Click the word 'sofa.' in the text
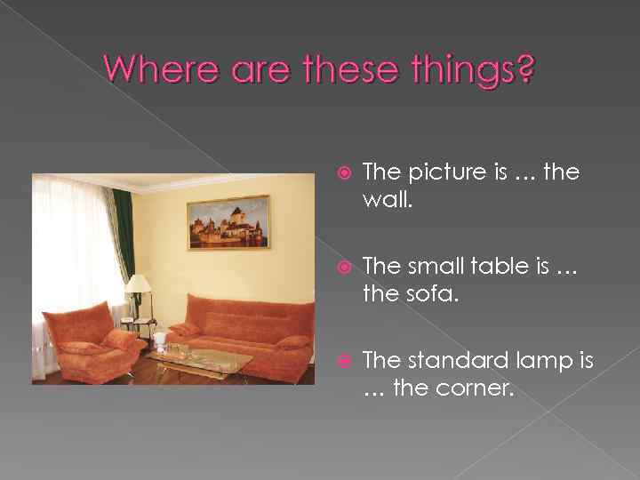click(x=433, y=292)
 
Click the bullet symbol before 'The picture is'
click(x=344, y=173)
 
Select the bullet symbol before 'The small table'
click(x=344, y=268)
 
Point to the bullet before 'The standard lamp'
click(x=344, y=362)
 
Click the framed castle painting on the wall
click(x=228, y=222)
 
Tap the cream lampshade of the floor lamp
click(x=138, y=284)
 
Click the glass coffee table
click(x=200, y=359)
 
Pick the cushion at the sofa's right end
click(x=292, y=341)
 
